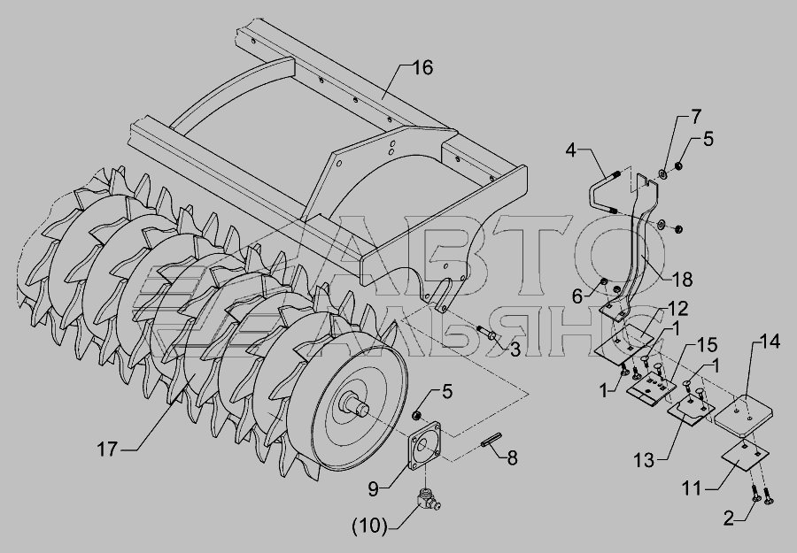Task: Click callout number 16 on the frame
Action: coord(422,68)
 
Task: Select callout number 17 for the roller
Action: coord(107,449)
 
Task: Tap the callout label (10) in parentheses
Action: coord(369,526)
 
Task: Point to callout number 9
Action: coord(374,489)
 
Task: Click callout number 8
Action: coord(512,458)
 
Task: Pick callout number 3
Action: coord(515,349)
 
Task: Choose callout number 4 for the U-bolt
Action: coord(571,150)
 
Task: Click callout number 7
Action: coord(695,117)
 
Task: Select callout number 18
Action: coord(682,280)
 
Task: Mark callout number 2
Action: coord(729,518)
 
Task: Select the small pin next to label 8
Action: coord(491,440)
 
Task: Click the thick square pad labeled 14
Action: coord(744,414)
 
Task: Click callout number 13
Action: coord(644,461)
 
